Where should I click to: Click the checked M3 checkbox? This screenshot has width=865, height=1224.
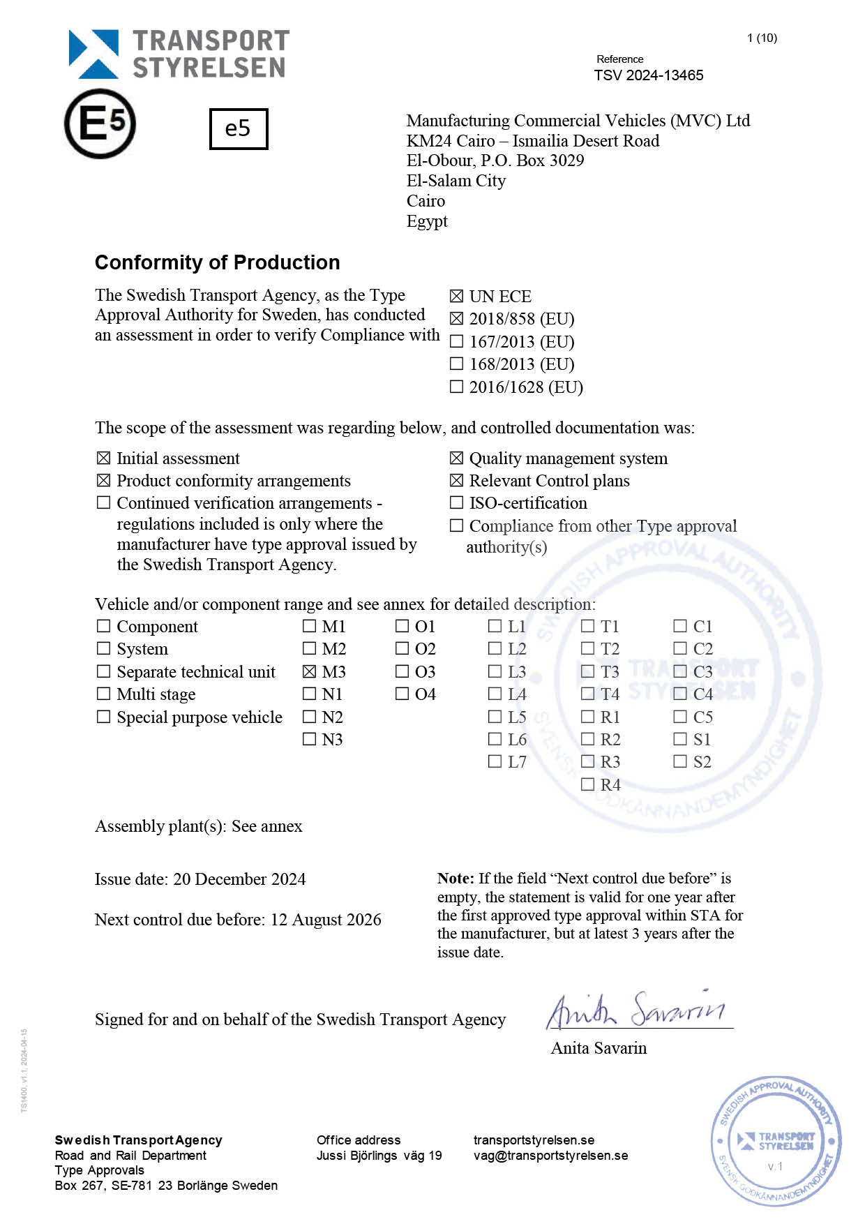click(309, 671)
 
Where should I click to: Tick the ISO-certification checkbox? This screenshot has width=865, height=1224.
click(456, 502)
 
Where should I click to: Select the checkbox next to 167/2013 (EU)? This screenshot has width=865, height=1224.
click(456, 341)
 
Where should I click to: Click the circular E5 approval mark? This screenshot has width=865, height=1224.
click(100, 124)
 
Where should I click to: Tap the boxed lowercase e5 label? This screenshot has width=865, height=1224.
click(239, 128)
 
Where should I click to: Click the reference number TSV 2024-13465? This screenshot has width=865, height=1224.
click(648, 75)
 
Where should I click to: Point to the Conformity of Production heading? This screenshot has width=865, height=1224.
click(217, 262)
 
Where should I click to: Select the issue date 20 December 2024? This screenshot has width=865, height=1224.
click(239, 879)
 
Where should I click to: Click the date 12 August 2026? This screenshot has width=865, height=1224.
click(326, 920)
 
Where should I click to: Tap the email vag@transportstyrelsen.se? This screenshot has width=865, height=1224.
click(550, 1156)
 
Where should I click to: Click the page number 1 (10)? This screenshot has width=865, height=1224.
click(762, 38)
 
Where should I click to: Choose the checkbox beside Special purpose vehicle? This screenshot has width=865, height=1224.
click(103, 717)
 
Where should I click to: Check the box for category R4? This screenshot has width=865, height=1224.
click(587, 784)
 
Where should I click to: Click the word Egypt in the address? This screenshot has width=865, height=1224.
click(427, 222)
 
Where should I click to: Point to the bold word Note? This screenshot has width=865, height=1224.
click(456, 879)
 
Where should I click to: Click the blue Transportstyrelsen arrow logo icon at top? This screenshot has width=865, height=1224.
click(93, 54)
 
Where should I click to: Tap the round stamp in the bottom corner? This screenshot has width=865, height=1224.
click(776, 1142)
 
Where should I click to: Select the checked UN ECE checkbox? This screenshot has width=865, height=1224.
click(456, 297)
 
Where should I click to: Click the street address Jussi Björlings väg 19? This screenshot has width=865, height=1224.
click(379, 1156)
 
